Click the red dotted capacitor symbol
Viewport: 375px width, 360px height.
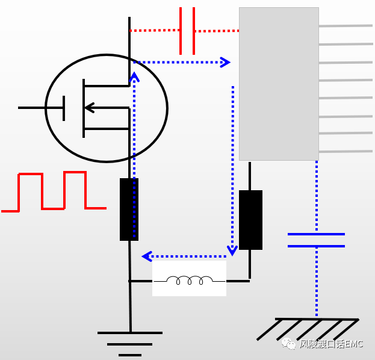pyautogui.click(x=187, y=31)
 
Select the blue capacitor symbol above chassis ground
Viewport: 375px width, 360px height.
pyautogui.click(x=316, y=240)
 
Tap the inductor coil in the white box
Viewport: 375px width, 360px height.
pyautogui.click(x=190, y=281)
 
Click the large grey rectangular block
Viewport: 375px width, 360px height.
pyautogui.click(x=279, y=84)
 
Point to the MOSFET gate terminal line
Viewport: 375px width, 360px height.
pyautogui.click(x=41, y=108)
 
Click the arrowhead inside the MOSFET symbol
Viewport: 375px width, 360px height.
pyautogui.click(x=90, y=108)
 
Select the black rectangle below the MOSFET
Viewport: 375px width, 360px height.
pyautogui.click(x=129, y=209)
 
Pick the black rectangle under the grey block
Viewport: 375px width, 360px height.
pyautogui.click(x=250, y=220)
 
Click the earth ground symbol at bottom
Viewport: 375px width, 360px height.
pyautogui.click(x=130, y=344)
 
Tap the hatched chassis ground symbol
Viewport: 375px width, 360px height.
pyautogui.click(x=308, y=329)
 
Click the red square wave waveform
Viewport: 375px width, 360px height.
pyautogui.click(x=54, y=191)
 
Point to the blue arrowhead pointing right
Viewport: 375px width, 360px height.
pyautogui.click(x=225, y=62)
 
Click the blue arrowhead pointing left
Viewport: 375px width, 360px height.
pyautogui.click(x=147, y=256)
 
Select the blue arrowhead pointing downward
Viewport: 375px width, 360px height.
pyautogui.click(x=232, y=250)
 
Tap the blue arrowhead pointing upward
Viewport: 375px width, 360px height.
pyautogui.click(x=134, y=76)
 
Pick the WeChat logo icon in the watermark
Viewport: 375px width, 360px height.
pyautogui.click(x=288, y=344)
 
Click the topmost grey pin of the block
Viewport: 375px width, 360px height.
pyautogui.click(x=346, y=26)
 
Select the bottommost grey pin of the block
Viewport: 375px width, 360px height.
pyautogui.click(x=346, y=152)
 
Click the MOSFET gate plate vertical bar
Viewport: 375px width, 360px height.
pyautogui.click(x=64, y=108)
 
